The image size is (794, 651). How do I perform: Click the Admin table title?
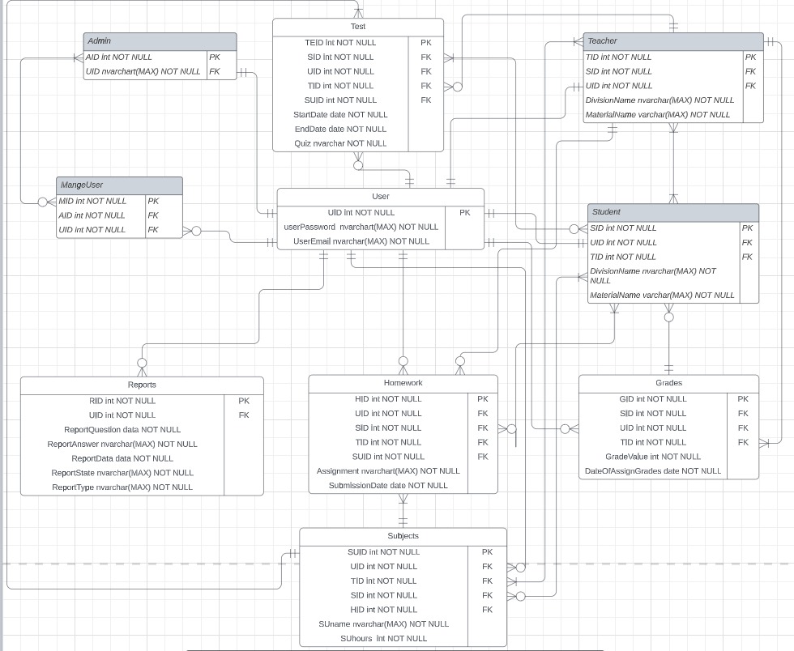(99, 41)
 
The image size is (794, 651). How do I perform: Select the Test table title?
(357, 27)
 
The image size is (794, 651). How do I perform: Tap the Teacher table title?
(602, 41)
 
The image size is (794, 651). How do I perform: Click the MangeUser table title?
(82, 185)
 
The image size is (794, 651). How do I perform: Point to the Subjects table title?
(403, 536)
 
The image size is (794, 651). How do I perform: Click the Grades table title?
(668, 383)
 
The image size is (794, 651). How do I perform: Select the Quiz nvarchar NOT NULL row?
(340, 143)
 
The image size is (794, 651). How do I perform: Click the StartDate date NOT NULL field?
(340, 115)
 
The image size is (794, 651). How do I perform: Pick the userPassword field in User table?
(361, 227)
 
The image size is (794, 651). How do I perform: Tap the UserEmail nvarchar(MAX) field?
(361, 241)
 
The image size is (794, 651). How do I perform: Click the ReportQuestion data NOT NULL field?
(122, 430)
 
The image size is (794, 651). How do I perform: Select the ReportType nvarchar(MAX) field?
(122, 487)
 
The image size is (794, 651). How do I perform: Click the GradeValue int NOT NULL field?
(653, 457)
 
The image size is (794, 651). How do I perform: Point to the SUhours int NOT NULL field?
(383, 639)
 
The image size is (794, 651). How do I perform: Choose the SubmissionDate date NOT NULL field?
(388, 486)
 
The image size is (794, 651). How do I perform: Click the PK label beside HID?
(482, 399)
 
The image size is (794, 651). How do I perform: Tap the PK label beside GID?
(743, 399)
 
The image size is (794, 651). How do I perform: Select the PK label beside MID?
(153, 201)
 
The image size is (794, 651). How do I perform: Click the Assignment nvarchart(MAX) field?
(388, 471)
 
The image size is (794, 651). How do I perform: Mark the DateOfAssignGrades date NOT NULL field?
(653, 471)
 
